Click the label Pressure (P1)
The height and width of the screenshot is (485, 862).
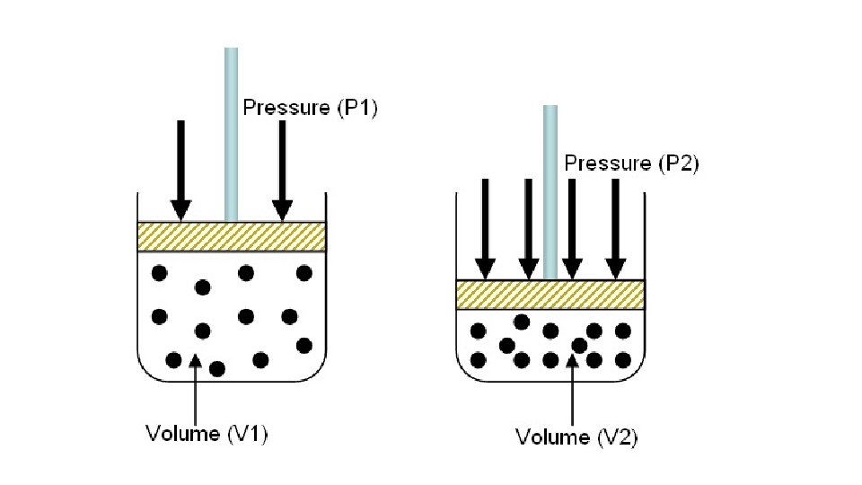click(x=311, y=108)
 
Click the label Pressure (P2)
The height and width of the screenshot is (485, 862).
click(x=630, y=163)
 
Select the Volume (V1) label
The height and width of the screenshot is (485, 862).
click(x=207, y=434)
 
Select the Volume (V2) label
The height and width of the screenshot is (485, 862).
click(x=576, y=437)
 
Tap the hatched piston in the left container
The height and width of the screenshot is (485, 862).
click(x=231, y=236)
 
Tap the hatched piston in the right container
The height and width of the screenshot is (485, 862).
click(x=550, y=295)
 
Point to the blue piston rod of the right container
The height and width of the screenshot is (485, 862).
click(x=550, y=189)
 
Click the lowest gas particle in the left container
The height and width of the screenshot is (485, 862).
click(x=217, y=369)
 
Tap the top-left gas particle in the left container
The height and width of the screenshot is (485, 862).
click(x=160, y=272)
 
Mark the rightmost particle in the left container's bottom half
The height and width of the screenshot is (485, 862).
click(x=303, y=345)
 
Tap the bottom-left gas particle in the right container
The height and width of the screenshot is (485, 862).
click(x=479, y=360)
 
